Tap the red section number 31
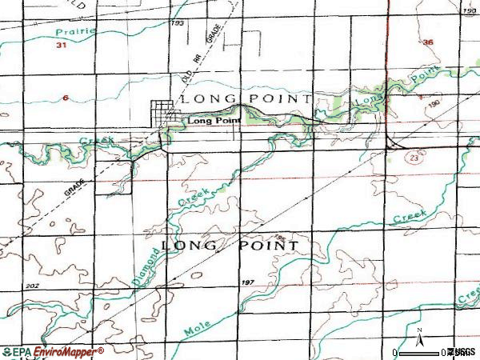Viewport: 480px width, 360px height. tap(61, 46)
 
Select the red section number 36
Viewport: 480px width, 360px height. tap(428, 42)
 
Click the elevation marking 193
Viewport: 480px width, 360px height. tap(178, 23)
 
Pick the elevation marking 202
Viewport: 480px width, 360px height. tap(31, 286)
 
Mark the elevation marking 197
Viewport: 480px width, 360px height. tap(247, 284)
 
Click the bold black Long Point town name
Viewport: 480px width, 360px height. tap(214, 121)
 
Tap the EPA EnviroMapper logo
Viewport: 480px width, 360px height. tap(53, 352)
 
